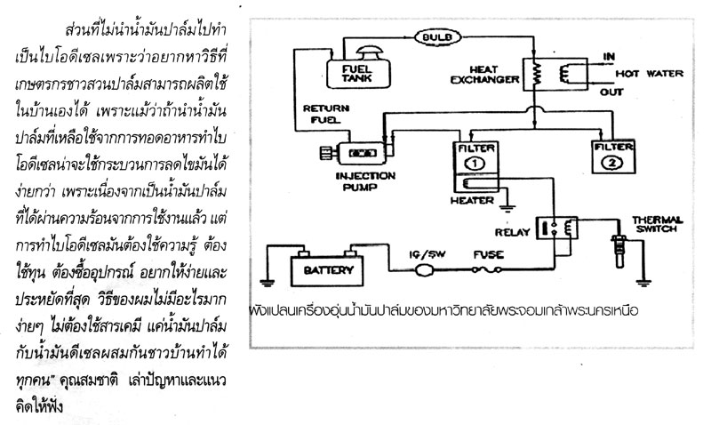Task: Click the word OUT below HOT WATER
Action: click(x=611, y=90)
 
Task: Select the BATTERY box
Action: click(x=323, y=269)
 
